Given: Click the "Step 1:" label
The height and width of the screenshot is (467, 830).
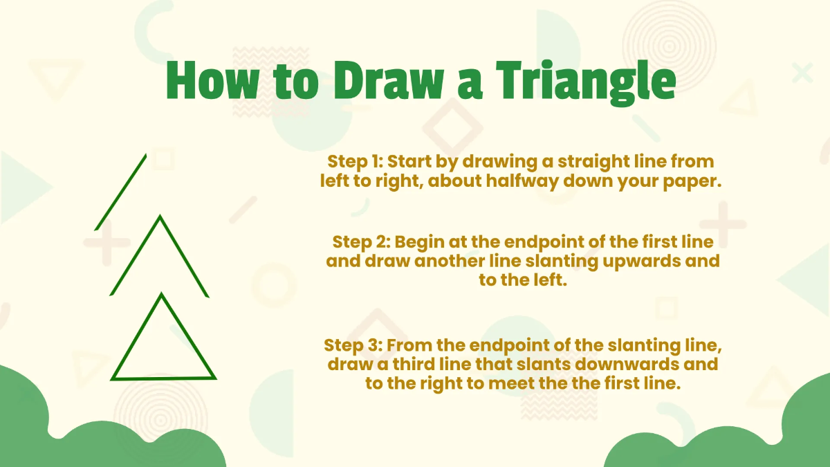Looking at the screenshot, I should pyautogui.click(x=355, y=161).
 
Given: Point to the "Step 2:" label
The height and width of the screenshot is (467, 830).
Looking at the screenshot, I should pyautogui.click(x=361, y=242).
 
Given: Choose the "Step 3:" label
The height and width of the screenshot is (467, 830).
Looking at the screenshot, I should pyautogui.click(x=351, y=345).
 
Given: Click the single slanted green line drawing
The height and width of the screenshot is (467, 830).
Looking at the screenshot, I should pyautogui.click(x=121, y=192).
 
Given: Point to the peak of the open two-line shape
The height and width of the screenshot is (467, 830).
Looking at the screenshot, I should pyautogui.click(x=160, y=217).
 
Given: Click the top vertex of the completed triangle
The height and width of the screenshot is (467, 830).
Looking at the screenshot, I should pyautogui.click(x=162, y=295).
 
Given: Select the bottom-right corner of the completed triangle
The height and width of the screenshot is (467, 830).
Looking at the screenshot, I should pyautogui.click(x=214, y=378).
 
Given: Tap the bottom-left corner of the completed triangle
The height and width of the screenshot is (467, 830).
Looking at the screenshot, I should pyautogui.click(x=113, y=378).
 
